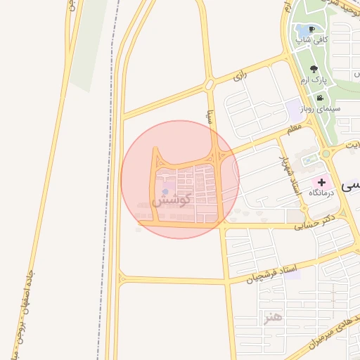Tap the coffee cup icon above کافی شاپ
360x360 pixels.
311,29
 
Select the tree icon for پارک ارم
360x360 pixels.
314,69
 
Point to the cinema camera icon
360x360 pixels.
320,98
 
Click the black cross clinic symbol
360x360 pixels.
322,182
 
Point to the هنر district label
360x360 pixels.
272,318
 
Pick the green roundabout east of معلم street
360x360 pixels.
326,153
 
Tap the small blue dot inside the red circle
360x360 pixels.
165,191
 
